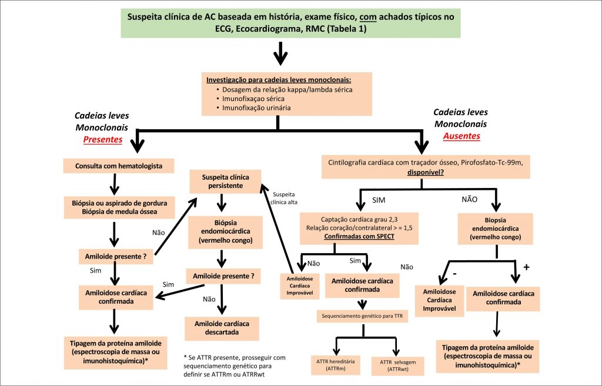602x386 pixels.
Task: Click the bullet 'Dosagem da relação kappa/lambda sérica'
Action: pyautogui.click(x=287, y=89)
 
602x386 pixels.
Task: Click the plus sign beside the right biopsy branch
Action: pyautogui.click(x=526, y=267)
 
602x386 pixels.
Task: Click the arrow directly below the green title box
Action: pyautogui.click(x=280, y=57)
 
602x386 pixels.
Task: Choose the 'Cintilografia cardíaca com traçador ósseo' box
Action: pyautogui.click(x=426, y=166)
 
